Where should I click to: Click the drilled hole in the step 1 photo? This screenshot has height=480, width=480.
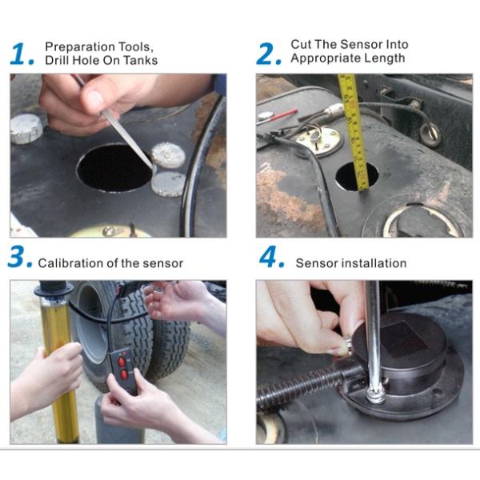point(114,168)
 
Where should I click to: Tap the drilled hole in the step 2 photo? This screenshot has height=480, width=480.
point(356,176)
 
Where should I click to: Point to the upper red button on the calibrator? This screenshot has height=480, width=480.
point(122,362)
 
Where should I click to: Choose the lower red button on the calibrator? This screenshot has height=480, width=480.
point(124,374)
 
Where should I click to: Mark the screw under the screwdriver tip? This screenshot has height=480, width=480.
point(375,397)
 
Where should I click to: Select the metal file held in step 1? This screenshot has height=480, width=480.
point(122,133)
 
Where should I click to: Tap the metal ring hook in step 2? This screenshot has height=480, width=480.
point(430,134)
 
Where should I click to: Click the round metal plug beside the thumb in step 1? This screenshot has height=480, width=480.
point(26,129)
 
